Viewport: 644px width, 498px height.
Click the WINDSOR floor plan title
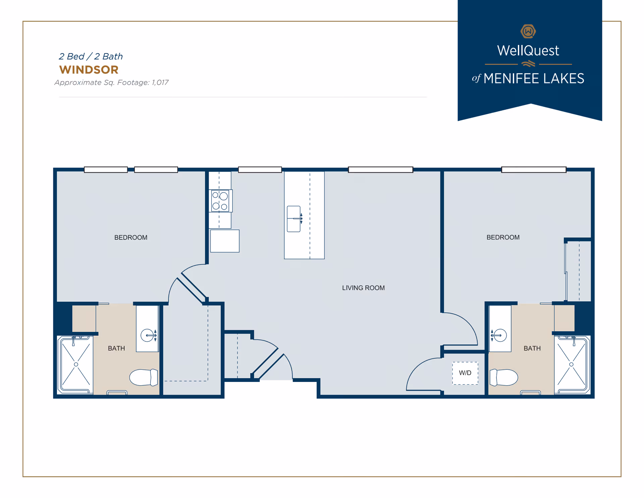click(89, 70)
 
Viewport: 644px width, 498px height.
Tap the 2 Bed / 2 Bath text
click(91, 56)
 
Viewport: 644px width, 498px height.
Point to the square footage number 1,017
click(160, 83)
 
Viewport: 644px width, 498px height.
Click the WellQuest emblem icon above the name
click(528, 32)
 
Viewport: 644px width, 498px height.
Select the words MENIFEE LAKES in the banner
click(534, 79)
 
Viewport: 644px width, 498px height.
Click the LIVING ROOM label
click(363, 288)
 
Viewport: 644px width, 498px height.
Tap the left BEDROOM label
click(131, 238)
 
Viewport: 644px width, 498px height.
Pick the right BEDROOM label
click(503, 237)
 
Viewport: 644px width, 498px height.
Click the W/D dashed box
click(465, 373)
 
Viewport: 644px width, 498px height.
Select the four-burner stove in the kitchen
click(220, 201)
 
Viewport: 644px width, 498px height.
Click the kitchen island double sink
click(294, 219)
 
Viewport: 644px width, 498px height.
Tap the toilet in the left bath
click(144, 377)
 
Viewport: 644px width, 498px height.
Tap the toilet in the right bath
click(504, 377)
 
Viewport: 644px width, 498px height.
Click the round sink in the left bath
click(147, 335)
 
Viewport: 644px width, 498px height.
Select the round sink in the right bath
click(500, 335)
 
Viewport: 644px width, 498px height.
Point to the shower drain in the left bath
click(76, 364)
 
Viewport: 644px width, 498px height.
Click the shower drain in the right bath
click(571, 364)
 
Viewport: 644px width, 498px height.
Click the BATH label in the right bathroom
click(532, 348)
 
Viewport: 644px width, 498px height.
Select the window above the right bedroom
click(534, 170)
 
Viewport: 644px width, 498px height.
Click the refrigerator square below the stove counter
click(225, 241)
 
